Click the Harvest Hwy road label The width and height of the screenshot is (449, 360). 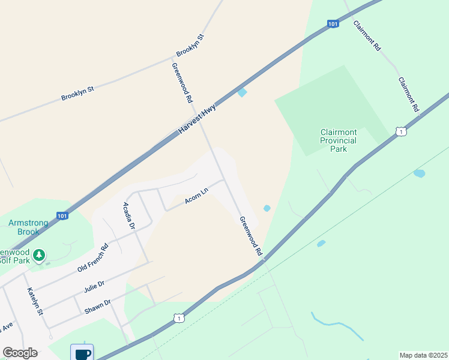coord(196,120)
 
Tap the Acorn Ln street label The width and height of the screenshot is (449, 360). coord(196,196)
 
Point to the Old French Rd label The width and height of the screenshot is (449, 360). coord(92,258)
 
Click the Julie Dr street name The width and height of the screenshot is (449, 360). coord(94,286)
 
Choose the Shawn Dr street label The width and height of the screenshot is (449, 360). coord(97,305)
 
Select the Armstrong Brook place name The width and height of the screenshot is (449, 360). coord(28,227)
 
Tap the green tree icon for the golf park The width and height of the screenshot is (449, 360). coord(39,256)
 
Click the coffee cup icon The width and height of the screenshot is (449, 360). coord(82,352)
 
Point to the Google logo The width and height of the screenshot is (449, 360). coord(20,353)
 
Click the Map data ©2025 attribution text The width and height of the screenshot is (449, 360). coord(424,355)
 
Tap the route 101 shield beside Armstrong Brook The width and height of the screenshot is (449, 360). coord(62,215)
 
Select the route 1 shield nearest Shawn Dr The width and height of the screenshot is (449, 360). coord(178,318)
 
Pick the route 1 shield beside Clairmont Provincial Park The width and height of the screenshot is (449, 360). coord(401,131)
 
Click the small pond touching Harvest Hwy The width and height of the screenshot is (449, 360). coord(242,92)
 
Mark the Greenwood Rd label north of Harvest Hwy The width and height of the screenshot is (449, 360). coord(181,82)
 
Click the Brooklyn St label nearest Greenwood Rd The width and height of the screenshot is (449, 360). coord(190,45)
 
